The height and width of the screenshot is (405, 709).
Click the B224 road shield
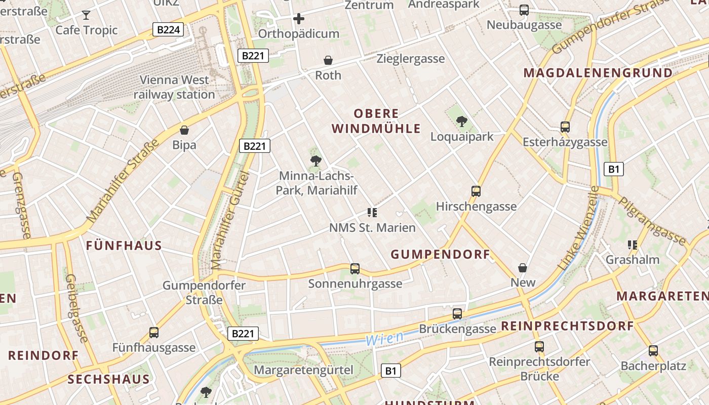tap(168, 30)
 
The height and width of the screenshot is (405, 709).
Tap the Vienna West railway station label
tap(174, 87)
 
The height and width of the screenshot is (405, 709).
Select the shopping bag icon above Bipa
tap(184, 130)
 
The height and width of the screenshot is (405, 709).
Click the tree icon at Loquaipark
tap(461, 121)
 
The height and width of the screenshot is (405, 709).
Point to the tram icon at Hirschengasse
tap(476, 191)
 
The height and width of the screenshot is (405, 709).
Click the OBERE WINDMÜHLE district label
tap(377, 121)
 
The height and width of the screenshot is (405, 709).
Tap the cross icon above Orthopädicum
tap(299, 19)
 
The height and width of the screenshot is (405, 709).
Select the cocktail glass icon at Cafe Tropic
tap(87, 15)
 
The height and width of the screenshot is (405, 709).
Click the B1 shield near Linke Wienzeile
tap(614, 169)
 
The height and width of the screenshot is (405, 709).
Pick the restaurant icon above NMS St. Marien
tap(373, 213)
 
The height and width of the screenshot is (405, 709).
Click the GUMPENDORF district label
tap(441, 254)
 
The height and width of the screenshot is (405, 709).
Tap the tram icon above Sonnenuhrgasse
tap(355, 269)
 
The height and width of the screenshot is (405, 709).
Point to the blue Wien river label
tap(385, 338)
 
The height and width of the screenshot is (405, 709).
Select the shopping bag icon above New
tap(523, 267)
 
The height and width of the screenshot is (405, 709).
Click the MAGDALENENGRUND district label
tap(598, 73)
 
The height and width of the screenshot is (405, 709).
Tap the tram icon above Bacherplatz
tap(653, 350)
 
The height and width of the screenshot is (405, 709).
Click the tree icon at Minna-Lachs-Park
tap(316, 161)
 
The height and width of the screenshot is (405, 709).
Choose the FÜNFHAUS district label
tap(124, 246)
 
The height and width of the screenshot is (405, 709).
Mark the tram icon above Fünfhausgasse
tap(154, 333)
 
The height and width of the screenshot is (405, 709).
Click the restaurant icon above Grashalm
tap(632, 245)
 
